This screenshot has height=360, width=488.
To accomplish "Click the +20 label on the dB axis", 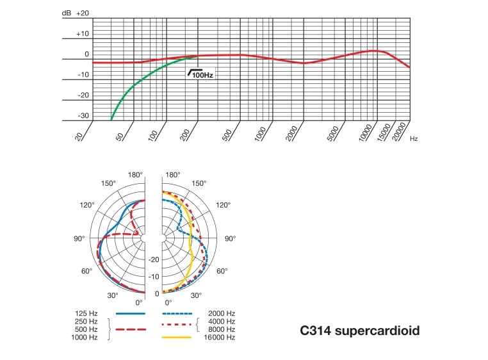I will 82,13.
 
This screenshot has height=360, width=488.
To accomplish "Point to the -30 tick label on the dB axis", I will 83,116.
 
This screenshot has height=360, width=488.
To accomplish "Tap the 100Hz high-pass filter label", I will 202,75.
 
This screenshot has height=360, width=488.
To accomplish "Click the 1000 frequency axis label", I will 259,135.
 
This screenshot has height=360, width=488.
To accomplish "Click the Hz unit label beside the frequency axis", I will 414,138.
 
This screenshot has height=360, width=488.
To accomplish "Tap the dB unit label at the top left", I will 67,13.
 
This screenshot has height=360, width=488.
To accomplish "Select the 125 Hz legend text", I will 86,313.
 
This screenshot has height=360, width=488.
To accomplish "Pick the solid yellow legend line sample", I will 176,337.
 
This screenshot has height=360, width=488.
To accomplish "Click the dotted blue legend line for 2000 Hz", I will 176,313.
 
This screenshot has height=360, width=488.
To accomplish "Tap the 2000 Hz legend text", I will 217,313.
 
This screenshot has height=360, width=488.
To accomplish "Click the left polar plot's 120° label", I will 88,205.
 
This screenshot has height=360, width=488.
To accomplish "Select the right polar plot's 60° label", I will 222,272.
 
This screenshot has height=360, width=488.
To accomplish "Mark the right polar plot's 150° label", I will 199,183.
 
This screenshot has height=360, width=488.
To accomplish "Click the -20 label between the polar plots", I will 154,259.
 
